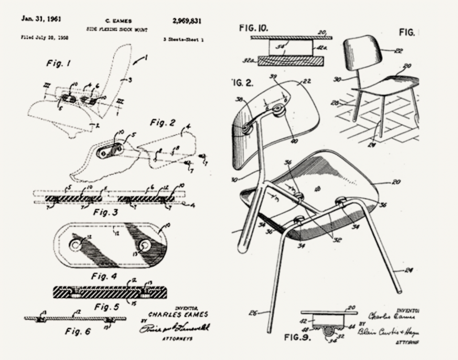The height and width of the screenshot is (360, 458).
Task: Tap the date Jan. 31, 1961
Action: pyautogui.click(x=41, y=19)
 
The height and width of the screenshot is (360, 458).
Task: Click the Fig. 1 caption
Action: pyautogui.click(x=58, y=64)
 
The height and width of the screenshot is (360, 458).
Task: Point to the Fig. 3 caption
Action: pyautogui.click(x=105, y=212)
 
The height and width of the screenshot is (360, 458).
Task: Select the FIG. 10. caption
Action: pyautogui.click(x=254, y=28)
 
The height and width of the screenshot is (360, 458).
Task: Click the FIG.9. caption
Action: pyautogui.click(x=297, y=336)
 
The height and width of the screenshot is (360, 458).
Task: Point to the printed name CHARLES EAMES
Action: pyautogui.click(x=178, y=314)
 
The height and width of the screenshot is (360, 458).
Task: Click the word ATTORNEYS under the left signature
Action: pyautogui.click(x=177, y=339)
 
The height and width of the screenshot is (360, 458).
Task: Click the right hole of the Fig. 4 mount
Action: pyautogui.click(x=144, y=245)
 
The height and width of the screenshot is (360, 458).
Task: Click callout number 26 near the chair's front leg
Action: pyautogui.click(x=253, y=313)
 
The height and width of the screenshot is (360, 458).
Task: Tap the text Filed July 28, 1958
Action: pyautogui.click(x=45, y=38)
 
